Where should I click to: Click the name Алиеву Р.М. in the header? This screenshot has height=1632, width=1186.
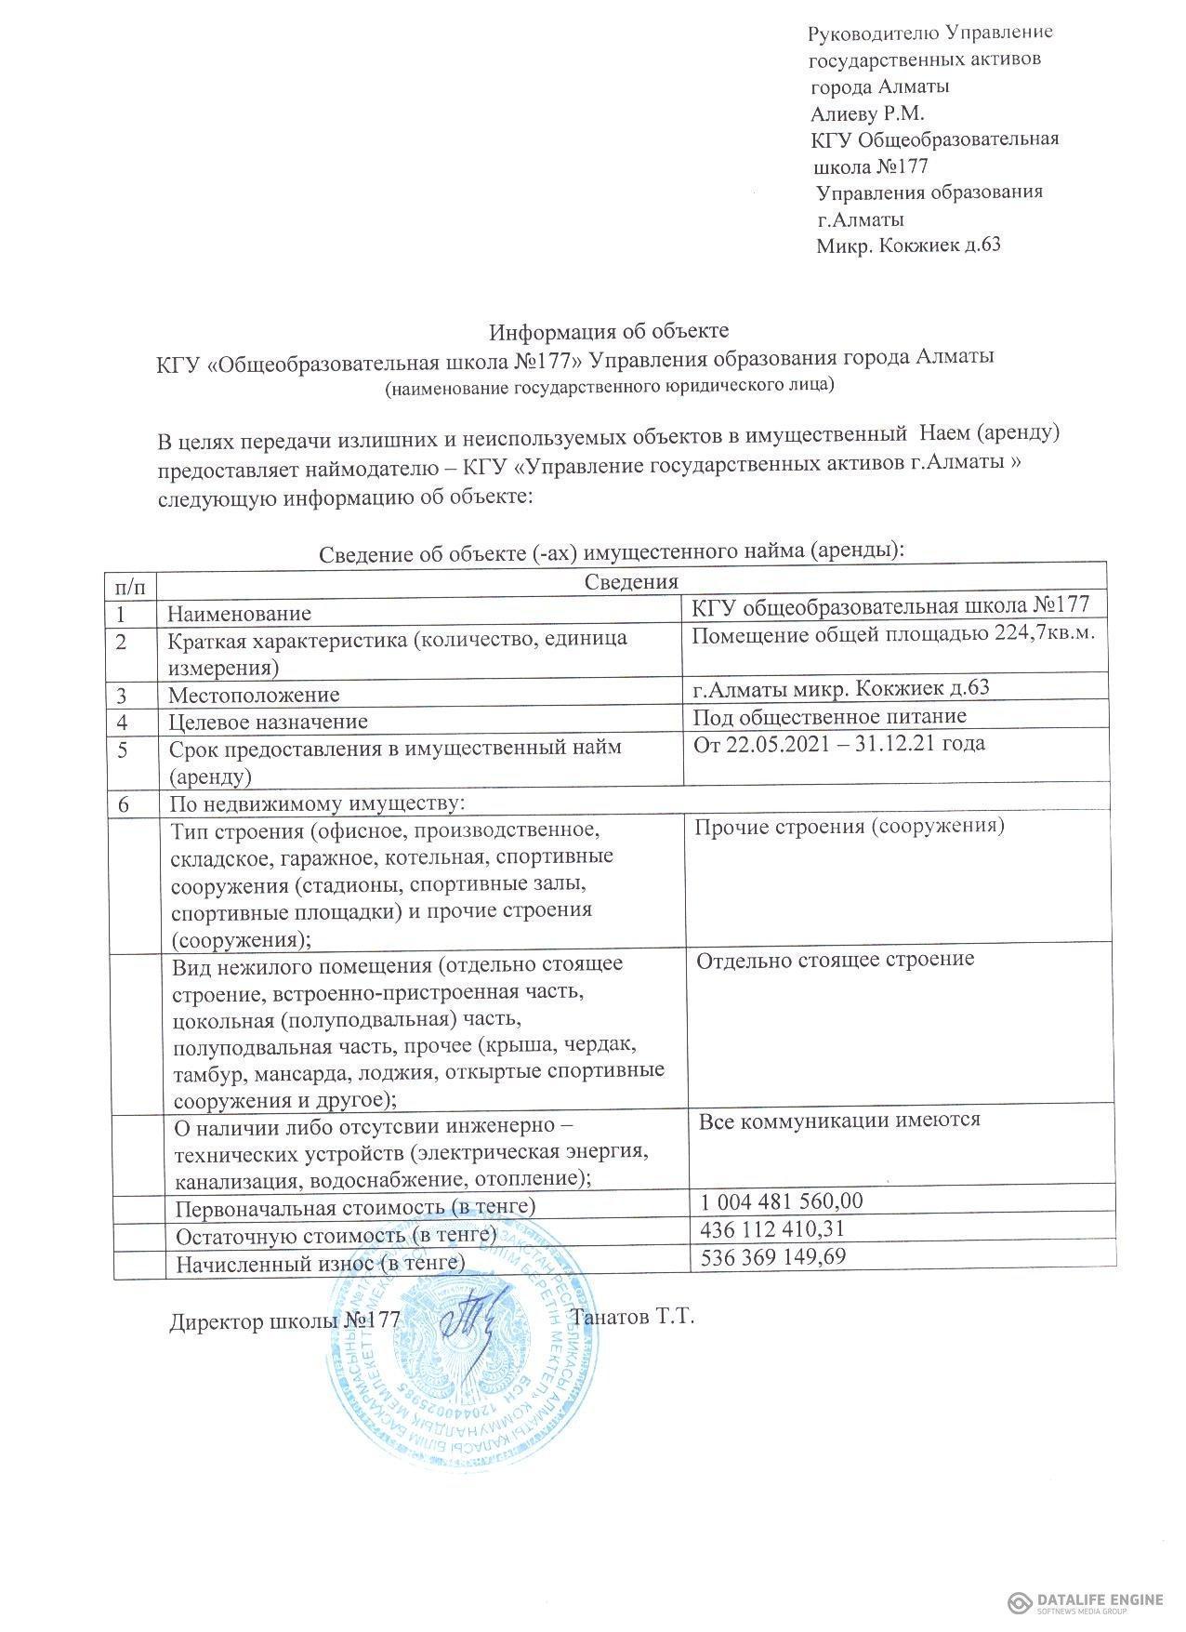click(867, 113)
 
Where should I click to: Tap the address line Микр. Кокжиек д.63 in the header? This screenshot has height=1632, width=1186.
click(908, 245)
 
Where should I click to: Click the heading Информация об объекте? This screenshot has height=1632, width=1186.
click(610, 331)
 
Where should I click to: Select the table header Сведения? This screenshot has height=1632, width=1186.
click(631, 582)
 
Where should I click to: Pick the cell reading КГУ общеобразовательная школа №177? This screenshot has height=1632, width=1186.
click(890, 604)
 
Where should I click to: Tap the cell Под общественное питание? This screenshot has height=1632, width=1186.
click(830, 716)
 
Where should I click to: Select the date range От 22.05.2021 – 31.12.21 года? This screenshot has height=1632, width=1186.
click(839, 743)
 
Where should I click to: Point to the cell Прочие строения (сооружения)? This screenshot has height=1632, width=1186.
click(850, 826)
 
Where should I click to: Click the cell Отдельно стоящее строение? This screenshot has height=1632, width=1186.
click(836, 959)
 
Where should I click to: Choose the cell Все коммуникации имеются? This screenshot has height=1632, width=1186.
click(839, 1120)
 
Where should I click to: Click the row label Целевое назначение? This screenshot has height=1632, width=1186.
click(268, 722)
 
